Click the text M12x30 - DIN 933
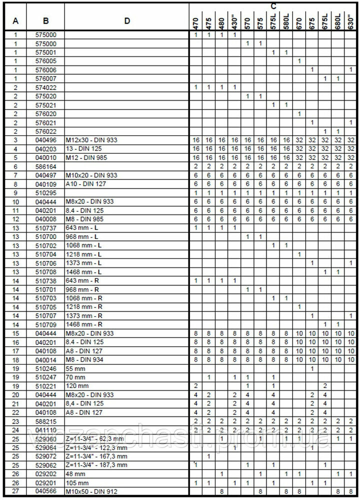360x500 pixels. click(x=91, y=140)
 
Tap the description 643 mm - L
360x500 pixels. click(x=82, y=227)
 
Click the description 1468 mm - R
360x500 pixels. click(x=83, y=323)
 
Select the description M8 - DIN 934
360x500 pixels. click(x=85, y=358)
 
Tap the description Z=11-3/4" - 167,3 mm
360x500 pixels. click(x=96, y=456)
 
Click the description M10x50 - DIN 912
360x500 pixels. click(x=90, y=491)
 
